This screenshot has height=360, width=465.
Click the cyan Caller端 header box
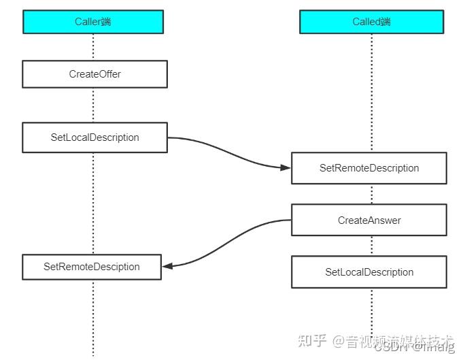(93, 22)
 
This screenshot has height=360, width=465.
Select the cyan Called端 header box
(371, 22)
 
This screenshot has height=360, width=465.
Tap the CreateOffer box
(94, 74)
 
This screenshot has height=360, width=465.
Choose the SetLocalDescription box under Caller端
(94, 137)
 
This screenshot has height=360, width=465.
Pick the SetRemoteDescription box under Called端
(369, 168)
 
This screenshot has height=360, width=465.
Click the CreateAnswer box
(369, 220)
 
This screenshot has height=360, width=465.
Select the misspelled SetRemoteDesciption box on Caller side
(92, 267)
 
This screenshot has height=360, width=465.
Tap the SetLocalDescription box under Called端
(369, 272)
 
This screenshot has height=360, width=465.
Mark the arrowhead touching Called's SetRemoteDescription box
(286, 167)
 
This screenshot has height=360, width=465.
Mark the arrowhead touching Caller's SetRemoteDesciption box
(167, 266)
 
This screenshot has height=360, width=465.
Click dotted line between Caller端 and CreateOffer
(93, 46)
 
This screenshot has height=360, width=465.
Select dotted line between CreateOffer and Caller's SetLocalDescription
(93, 105)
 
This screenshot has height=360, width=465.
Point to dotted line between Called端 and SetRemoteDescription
(371, 92)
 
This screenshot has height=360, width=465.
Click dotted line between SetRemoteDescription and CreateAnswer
(371, 194)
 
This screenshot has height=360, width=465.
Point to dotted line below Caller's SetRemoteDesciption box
(93, 316)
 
